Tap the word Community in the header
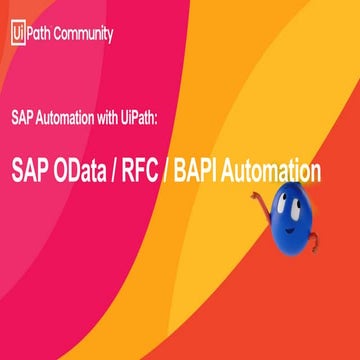coord(82,33)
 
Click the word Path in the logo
coord(39,33)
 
